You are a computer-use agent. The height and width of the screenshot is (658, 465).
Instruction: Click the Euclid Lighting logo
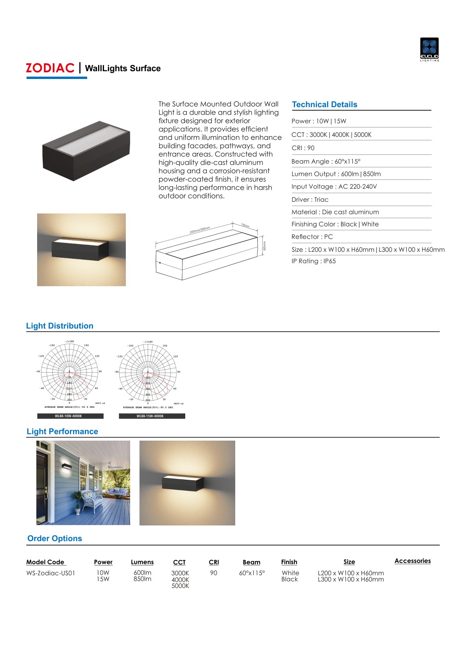429,49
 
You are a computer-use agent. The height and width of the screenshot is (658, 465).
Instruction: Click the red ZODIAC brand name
50,68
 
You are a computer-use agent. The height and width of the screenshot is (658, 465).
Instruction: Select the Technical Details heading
324,104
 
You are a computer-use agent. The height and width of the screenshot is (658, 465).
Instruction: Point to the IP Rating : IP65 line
313,261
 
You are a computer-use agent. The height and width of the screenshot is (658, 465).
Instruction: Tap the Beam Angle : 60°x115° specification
326,161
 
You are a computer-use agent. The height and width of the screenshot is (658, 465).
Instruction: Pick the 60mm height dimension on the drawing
265,246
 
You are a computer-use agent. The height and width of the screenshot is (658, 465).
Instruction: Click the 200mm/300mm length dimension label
200,230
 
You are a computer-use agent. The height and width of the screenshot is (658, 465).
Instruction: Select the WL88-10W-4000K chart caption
69,416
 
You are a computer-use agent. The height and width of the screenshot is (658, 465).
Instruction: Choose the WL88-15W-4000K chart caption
150,416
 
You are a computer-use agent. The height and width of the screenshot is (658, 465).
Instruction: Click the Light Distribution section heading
60,326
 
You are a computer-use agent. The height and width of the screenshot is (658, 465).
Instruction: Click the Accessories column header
412,561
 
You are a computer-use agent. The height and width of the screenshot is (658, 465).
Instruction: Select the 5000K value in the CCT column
180,586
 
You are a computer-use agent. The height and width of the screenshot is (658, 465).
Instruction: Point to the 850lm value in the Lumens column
142,579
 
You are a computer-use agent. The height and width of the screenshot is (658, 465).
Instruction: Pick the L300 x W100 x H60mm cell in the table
351,579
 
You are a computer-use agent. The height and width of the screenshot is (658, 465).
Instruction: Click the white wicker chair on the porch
92,500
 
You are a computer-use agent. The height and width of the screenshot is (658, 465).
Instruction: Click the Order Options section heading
55,538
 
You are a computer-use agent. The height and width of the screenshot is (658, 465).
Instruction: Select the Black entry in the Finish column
290,579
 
